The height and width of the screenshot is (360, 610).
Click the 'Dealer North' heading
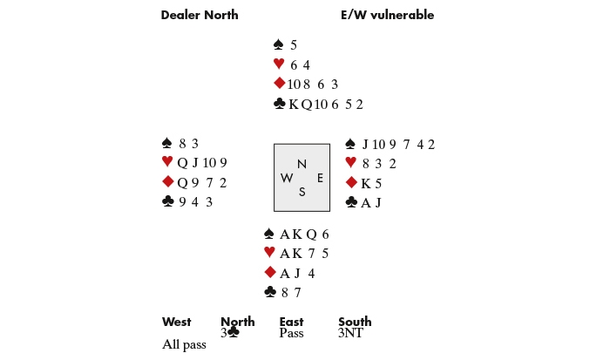coord(200,15)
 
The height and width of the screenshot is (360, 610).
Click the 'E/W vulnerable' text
coord(387,15)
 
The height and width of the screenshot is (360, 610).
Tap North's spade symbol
coord(279,44)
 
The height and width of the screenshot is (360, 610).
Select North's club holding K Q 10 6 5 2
coord(326,105)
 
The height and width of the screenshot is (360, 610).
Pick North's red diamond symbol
coord(279,84)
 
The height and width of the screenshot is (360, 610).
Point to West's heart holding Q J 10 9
coord(202,162)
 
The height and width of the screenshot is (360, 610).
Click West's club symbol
coord(168,201)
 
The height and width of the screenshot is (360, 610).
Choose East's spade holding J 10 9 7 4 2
coord(398,145)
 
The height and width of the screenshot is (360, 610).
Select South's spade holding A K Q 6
coord(304,234)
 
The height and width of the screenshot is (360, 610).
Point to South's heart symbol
coord(269,254)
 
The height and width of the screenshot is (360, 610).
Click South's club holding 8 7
coord(289,293)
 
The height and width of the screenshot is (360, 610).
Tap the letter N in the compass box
coord(302,164)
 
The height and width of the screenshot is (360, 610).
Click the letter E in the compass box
coord(320,178)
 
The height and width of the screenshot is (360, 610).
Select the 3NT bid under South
coord(350,333)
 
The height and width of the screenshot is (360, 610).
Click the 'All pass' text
coord(184,344)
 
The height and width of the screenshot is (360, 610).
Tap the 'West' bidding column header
coord(176,322)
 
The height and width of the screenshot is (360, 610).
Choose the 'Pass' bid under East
coord(291,333)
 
